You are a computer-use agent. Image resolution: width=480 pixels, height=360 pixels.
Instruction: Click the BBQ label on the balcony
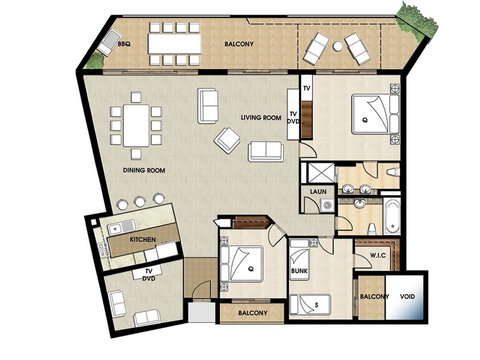(124, 45)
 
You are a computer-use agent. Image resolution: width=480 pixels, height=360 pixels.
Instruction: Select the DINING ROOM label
(144, 171)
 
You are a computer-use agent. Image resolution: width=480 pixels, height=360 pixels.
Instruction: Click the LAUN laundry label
(319, 190)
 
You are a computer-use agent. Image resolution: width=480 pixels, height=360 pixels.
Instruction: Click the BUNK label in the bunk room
(299, 271)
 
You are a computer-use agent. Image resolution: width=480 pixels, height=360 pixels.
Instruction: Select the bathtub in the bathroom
(390, 213)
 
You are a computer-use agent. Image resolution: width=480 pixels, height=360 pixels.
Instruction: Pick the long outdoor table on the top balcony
(174, 44)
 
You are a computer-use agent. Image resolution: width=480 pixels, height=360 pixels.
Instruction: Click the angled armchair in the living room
(229, 141)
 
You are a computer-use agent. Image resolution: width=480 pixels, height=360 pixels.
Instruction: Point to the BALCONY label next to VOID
(374, 297)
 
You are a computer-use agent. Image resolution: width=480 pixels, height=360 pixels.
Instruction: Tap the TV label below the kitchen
(147, 270)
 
